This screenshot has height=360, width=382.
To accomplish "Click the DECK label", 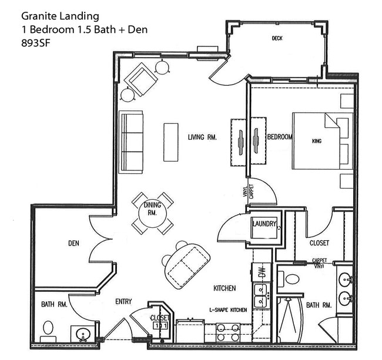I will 277,39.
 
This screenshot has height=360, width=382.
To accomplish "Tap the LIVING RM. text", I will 202,137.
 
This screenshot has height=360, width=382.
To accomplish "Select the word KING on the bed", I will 317,142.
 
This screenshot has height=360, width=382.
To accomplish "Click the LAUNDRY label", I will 264,224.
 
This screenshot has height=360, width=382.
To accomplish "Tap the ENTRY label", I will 123,302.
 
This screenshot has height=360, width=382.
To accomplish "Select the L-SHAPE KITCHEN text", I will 227,309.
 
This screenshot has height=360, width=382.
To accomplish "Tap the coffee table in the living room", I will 171,142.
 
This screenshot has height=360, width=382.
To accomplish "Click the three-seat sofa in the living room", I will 132,142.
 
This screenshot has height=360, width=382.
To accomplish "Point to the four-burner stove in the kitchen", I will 227,332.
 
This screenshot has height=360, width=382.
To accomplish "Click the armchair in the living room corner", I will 140,79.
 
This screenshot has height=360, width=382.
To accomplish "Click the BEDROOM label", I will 280,137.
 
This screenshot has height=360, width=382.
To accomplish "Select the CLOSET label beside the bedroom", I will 319,243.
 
